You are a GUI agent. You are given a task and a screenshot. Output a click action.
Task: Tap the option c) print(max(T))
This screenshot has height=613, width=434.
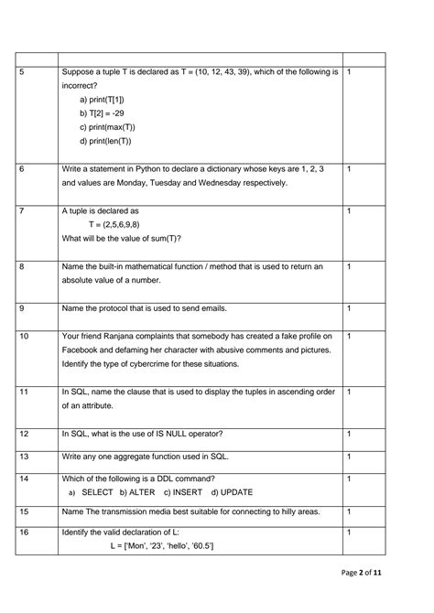[109, 127]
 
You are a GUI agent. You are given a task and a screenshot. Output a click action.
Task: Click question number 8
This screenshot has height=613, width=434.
[21, 267]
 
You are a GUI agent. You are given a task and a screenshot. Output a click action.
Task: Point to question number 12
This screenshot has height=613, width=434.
[24, 434]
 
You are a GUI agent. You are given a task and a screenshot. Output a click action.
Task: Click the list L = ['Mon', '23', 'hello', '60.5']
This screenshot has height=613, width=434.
[152, 546]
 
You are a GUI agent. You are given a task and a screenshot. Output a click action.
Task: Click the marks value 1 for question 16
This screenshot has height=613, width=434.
[351, 532]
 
